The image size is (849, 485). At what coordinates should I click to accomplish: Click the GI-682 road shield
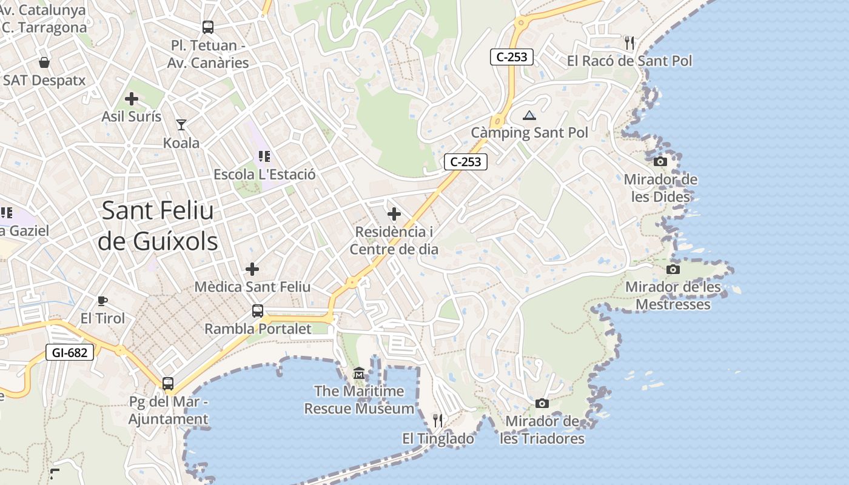(70, 352)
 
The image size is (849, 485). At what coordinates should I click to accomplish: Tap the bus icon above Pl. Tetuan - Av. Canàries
(208, 27)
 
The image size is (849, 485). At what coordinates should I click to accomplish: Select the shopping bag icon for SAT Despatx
(44, 62)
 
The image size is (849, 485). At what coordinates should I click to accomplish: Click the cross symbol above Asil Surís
(132, 99)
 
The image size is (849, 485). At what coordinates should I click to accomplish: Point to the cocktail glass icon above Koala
(181, 125)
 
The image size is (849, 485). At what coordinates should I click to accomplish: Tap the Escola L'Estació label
(264, 175)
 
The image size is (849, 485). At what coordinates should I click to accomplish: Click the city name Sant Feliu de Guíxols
(158, 226)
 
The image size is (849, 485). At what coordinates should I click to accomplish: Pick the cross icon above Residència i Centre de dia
(394, 213)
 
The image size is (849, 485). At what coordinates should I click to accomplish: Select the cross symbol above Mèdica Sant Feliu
(252, 269)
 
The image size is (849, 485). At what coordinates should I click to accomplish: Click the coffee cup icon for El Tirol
(102, 301)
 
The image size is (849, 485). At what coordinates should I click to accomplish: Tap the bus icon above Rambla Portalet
(258, 311)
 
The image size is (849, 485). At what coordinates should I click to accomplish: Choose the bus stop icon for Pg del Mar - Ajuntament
(168, 384)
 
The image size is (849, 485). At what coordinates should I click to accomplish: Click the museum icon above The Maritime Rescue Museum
(359, 373)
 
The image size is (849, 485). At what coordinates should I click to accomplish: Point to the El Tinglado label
(438, 438)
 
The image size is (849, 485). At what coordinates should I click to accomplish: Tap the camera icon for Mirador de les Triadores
(542, 403)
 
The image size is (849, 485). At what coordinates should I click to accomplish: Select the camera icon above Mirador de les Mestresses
(673, 269)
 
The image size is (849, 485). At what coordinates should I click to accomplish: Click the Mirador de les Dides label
(660, 188)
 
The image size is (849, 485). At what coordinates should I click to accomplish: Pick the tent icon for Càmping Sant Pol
(529, 115)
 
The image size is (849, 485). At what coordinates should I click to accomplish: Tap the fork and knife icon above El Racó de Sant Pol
(629, 42)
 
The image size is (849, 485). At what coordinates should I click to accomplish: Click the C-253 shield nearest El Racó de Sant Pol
(512, 57)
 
